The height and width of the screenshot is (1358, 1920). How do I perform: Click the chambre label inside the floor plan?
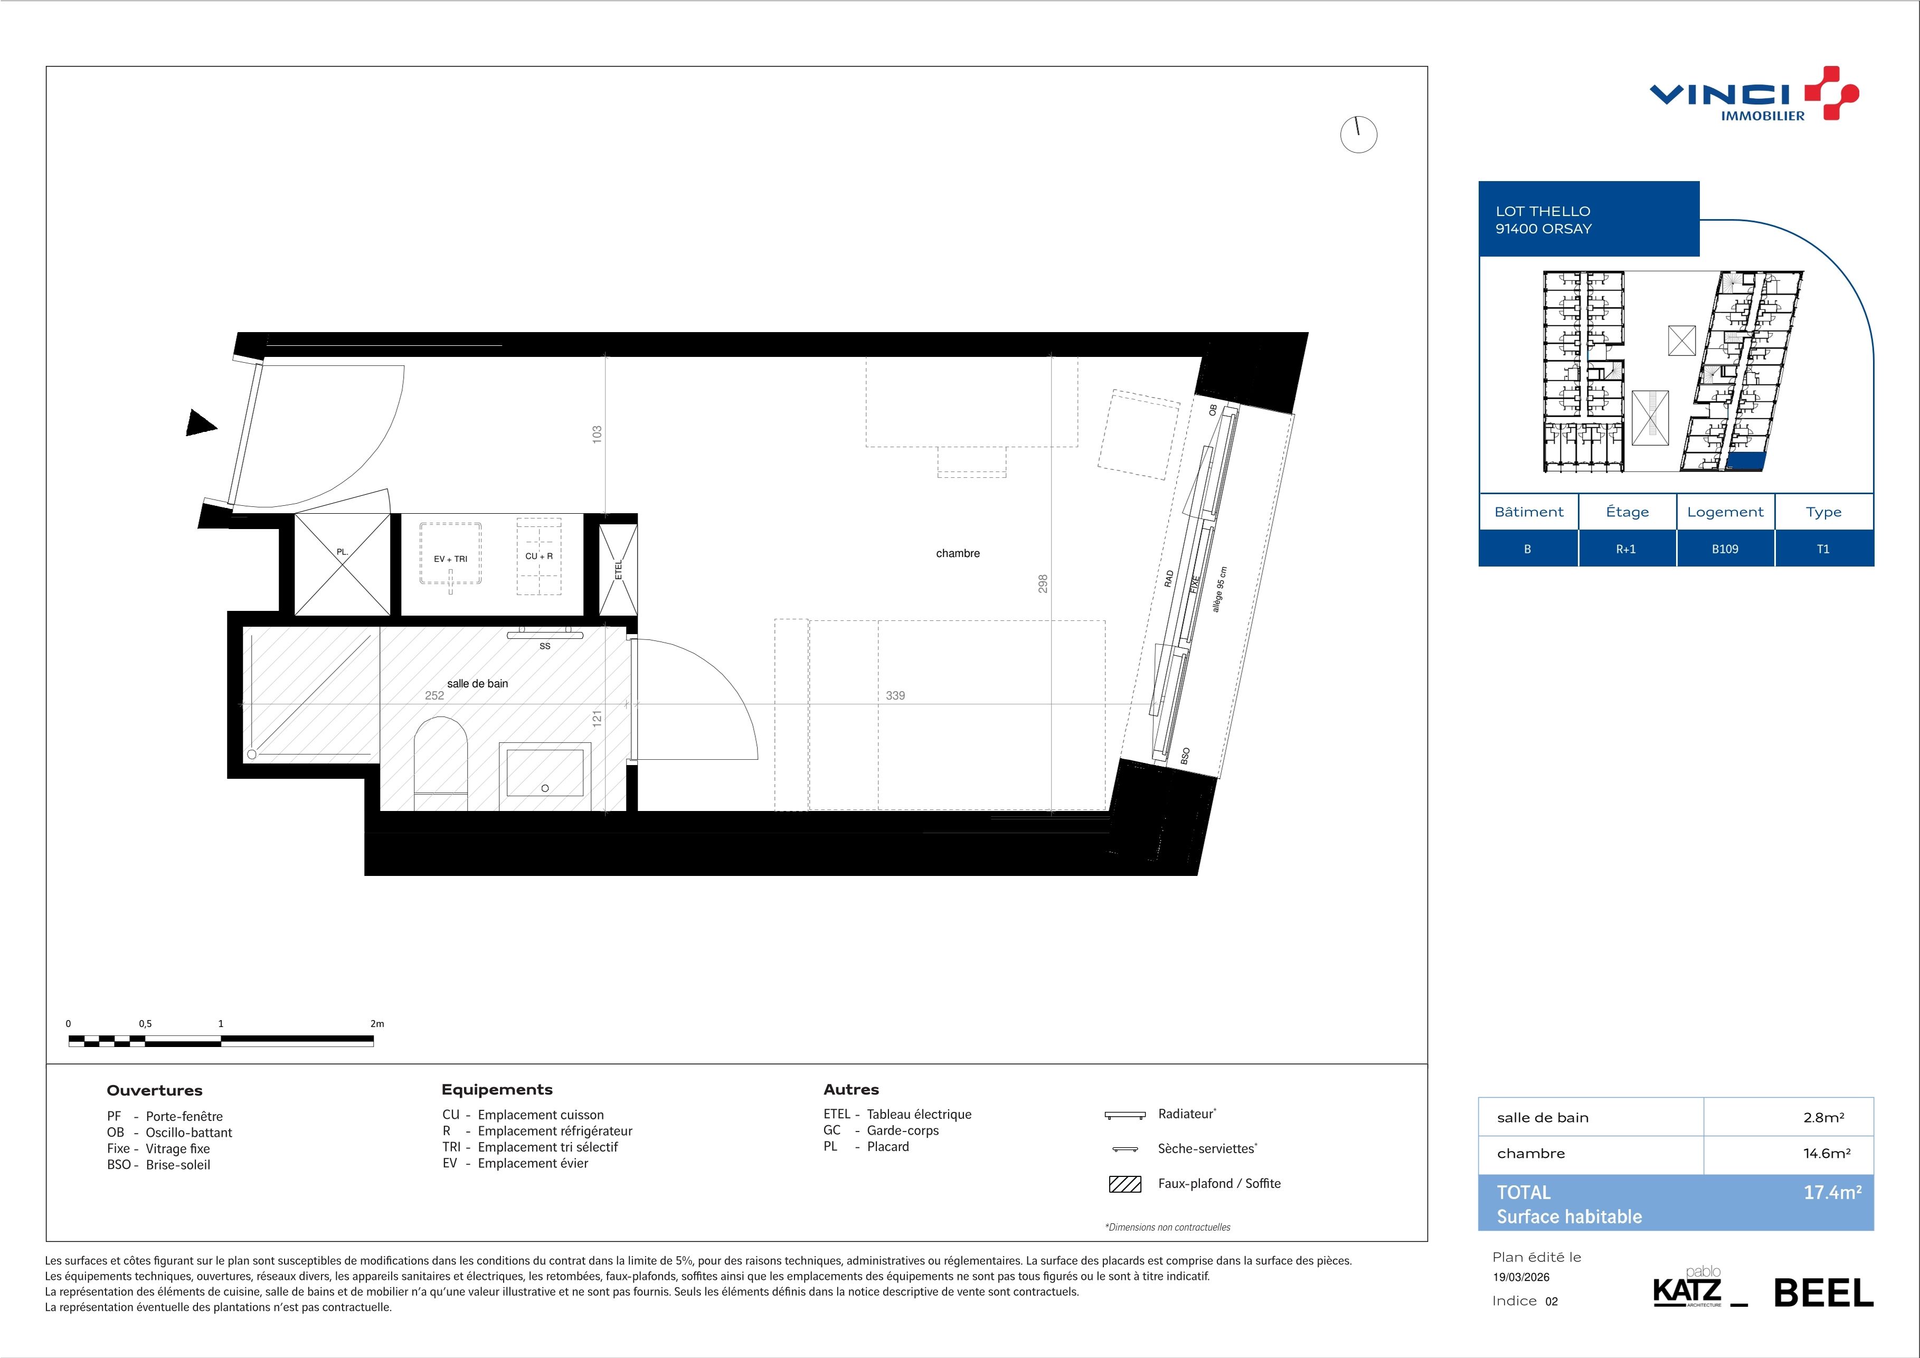958,553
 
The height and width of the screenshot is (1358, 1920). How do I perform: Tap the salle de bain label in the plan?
477,683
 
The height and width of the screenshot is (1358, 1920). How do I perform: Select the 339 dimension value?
895,695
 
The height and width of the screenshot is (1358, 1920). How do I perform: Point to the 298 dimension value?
1043,583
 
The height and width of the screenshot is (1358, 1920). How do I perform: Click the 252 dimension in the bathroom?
434,695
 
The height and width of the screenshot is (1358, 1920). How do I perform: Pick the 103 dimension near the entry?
597,434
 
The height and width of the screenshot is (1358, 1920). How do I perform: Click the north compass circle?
1358,135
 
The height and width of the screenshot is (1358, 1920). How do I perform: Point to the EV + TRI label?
451,559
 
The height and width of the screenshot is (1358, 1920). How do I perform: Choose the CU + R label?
538,556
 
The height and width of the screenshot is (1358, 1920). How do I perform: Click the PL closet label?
342,552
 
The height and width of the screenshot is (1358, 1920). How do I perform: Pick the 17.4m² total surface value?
1832,1192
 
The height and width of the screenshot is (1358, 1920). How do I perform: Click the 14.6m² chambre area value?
1827,1153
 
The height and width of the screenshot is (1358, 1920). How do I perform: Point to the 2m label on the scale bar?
376,1024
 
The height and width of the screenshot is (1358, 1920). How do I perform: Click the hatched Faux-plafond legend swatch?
1125,1184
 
